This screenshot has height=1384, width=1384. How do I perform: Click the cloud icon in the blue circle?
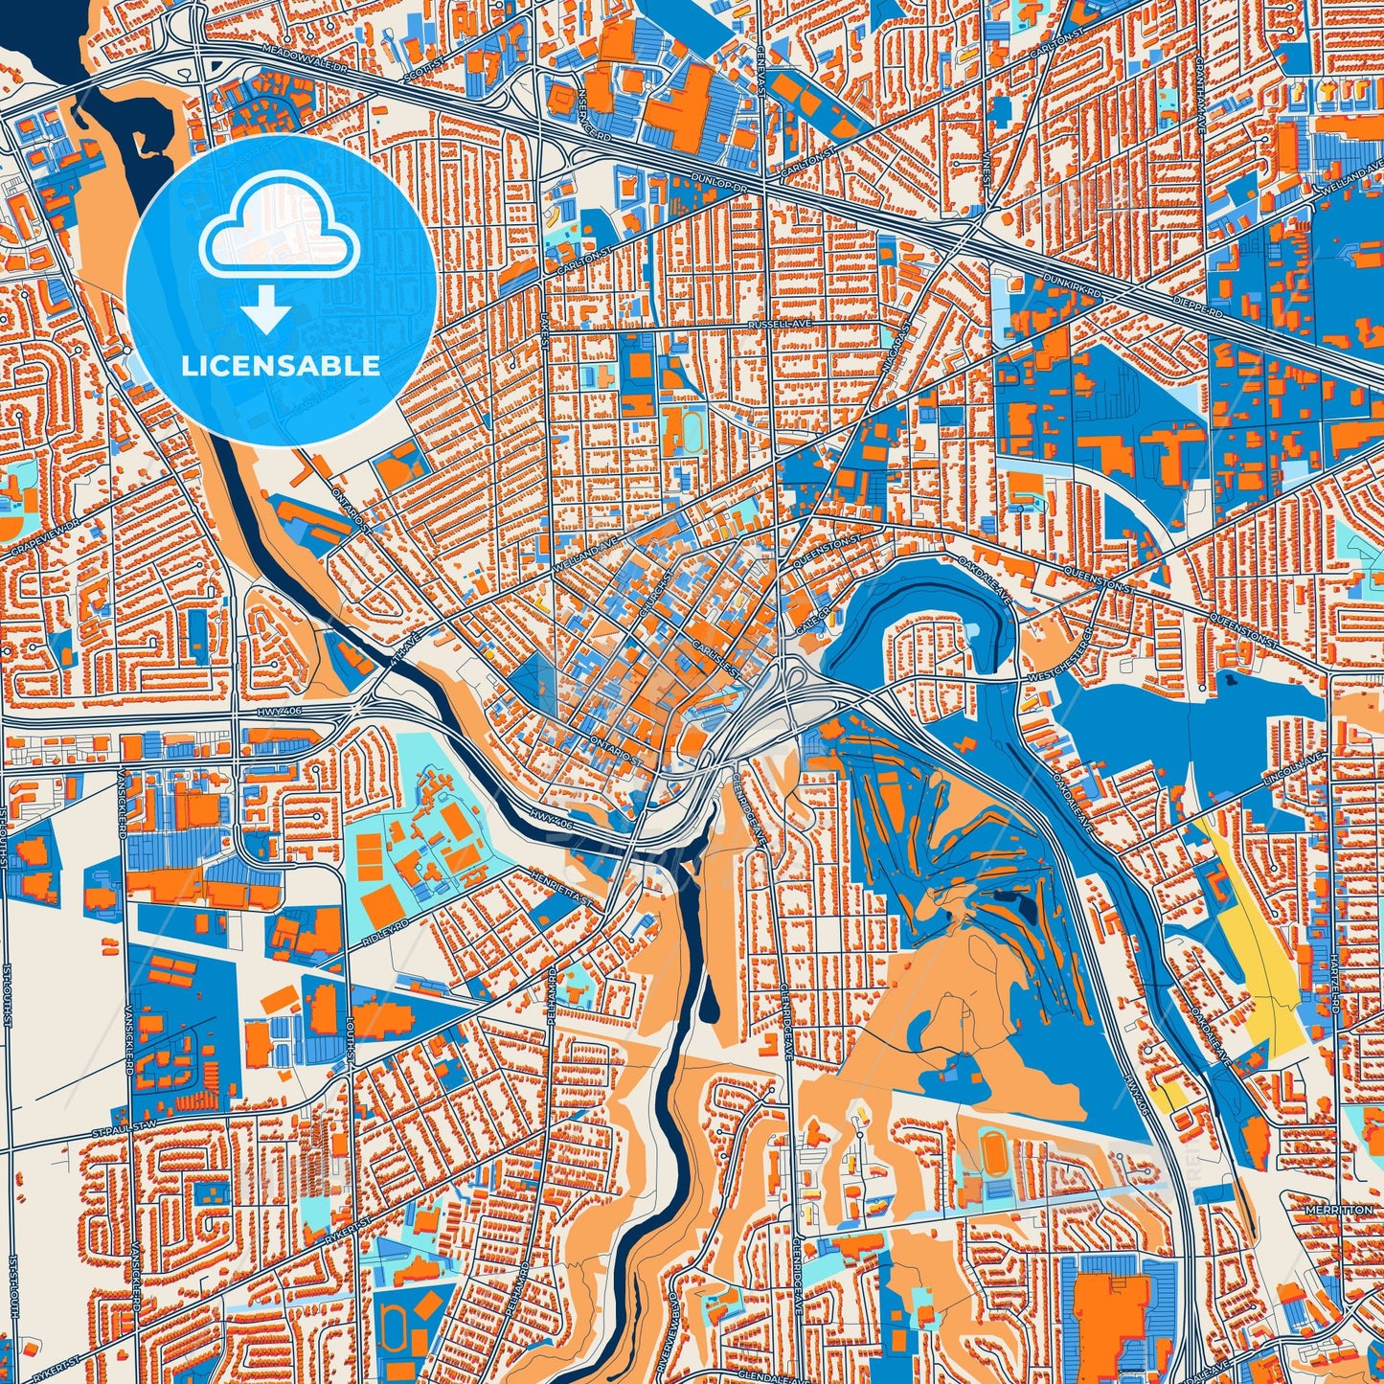pos(279,232)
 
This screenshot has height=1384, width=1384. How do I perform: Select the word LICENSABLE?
pos(281,366)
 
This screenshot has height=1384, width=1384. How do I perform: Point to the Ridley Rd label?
pos(386,933)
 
